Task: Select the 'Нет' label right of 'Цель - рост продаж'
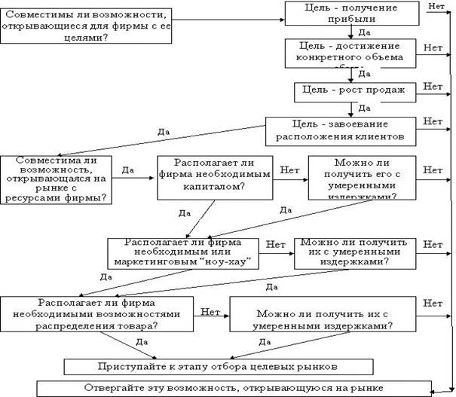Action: [433, 87]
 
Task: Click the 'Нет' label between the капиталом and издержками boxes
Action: [291, 170]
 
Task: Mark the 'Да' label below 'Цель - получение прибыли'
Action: [364, 34]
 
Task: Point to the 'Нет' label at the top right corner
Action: [435, 6]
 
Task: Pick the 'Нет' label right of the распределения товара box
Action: [433, 302]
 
